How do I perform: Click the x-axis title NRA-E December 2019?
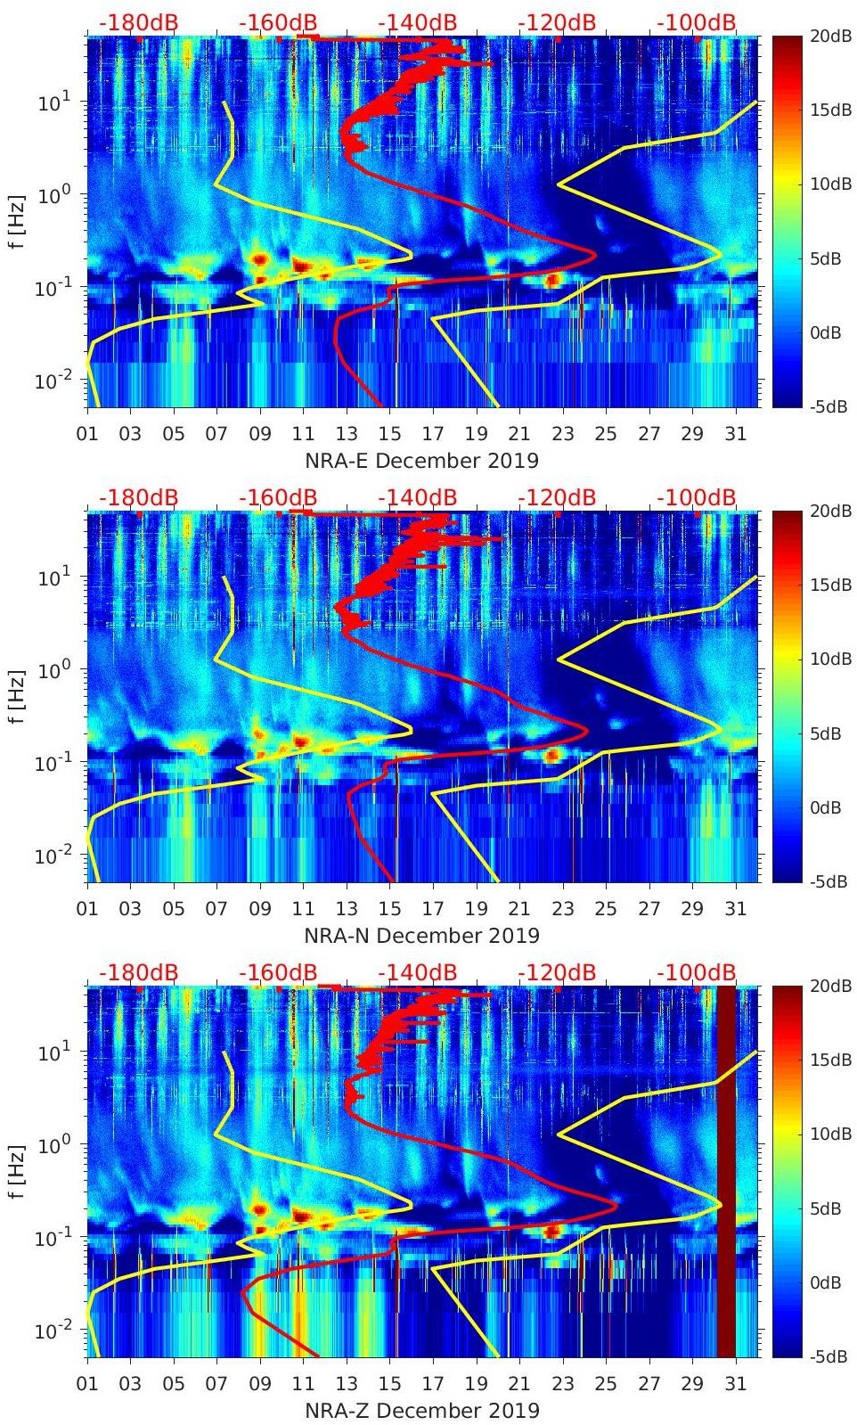(x=421, y=461)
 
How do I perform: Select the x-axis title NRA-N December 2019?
(x=421, y=936)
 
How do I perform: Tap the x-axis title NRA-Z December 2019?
(x=421, y=1411)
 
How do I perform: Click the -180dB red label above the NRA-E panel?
(x=138, y=22)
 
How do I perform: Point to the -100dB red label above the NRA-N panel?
(x=697, y=497)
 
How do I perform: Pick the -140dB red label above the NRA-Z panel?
(x=417, y=972)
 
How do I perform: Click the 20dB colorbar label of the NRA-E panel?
(x=828, y=36)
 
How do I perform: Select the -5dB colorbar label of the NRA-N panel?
(x=828, y=881)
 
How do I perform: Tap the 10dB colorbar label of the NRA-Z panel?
(x=828, y=1134)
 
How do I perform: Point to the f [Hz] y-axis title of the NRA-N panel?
(x=17, y=697)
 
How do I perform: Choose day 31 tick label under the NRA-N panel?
(x=735, y=909)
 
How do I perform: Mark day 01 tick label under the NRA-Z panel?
(x=87, y=1384)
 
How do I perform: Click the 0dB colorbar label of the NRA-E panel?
(x=828, y=332)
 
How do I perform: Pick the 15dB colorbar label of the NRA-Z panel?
(x=828, y=1060)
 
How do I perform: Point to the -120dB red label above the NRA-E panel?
(x=557, y=22)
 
